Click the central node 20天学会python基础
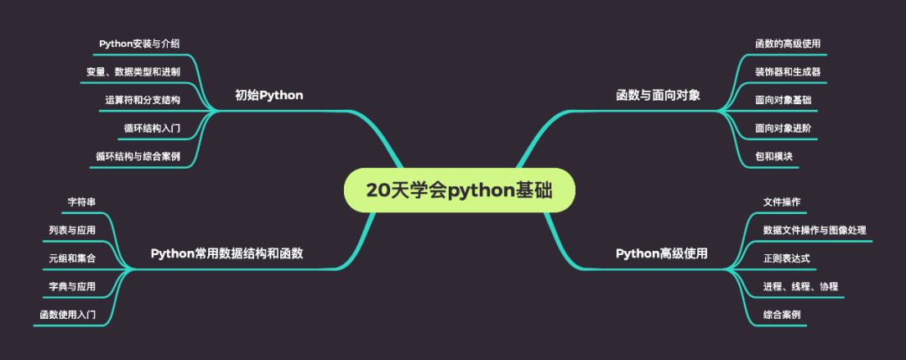coord(460,190)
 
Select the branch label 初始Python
coord(268,95)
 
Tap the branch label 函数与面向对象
coord(658,95)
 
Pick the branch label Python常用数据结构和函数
coord(226,253)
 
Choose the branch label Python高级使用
coord(661,253)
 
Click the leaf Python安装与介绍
coord(138,44)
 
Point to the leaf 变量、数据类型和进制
coord(133,71)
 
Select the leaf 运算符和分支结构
coord(142,100)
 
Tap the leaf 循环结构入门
coord(151,128)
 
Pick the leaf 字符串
coord(81,201)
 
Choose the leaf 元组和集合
coord(72,258)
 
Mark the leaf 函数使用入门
coord(67,315)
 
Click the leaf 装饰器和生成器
coord(787,71)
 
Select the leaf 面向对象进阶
coord(782,128)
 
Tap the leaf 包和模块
coord(773,156)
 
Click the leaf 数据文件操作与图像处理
coord(814,230)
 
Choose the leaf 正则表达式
coord(786,258)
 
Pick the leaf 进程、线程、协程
coord(799,286)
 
